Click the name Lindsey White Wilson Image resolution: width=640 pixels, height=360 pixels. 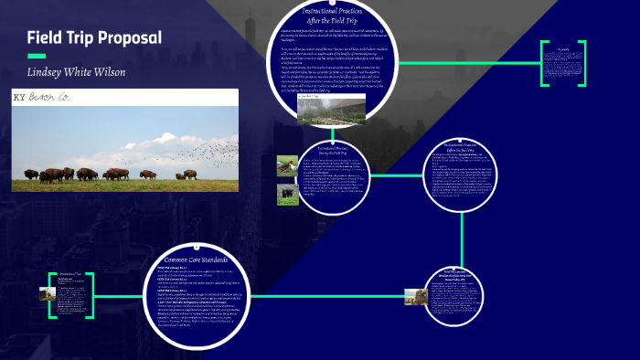[76, 72]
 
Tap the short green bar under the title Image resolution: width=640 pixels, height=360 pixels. [36, 55]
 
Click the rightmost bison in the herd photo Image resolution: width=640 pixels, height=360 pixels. [190, 174]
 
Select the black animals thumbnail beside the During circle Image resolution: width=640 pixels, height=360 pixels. [287, 194]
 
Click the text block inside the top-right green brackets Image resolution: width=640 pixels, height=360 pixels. [561, 64]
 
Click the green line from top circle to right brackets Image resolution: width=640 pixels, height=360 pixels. [475, 64]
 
